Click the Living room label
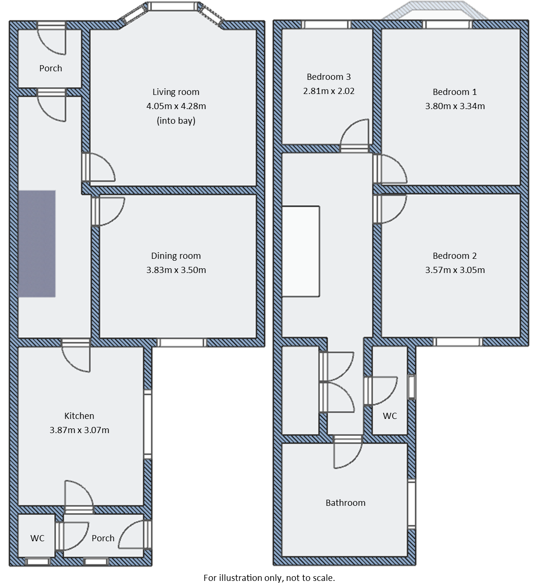click(176, 92)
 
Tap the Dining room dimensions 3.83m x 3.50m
click(176, 270)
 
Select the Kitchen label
click(79, 416)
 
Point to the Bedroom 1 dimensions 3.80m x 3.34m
click(454, 106)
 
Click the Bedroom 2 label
click(454, 256)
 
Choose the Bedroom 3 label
click(328, 77)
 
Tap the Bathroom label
click(345, 503)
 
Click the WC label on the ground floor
click(37, 538)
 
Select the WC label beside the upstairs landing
click(390, 416)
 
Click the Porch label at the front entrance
click(50, 68)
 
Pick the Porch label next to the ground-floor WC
click(103, 538)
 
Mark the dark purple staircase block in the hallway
click(37, 244)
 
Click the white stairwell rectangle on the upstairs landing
click(301, 251)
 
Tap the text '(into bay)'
click(176, 121)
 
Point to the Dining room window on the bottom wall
click(182, 342)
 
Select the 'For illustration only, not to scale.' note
click(269, 578)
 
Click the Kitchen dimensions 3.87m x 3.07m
click(79, 430)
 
